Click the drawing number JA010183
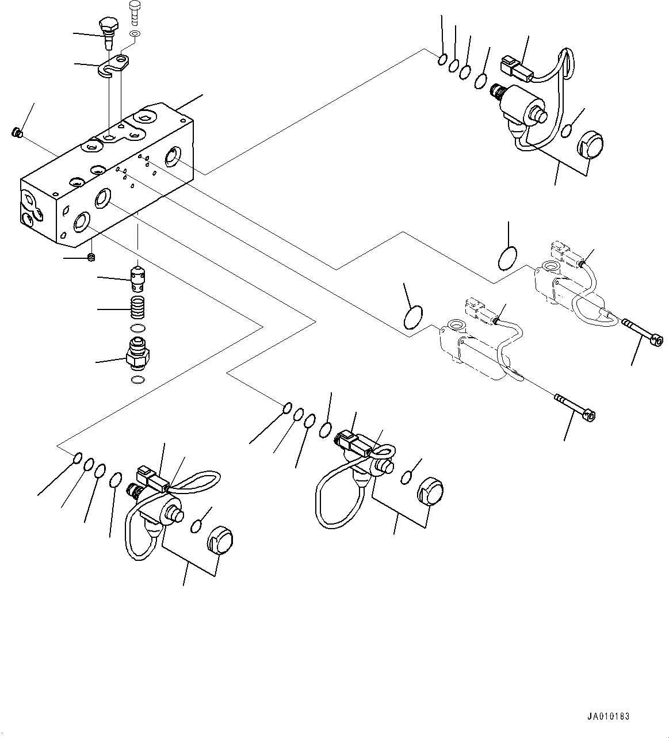click(x=609, y=717)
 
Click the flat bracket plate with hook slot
click(x=117, y=66)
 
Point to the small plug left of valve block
click(x=16, y=133)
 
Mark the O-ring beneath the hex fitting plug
click(x=137, y=380)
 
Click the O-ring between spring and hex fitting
click(x=137, y=328)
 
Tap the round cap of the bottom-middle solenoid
click(x=430, y=491)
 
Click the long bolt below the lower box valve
click(x=574, y=407)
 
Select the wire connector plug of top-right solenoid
click(x=515, y=66)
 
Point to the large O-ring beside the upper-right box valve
click(x=507, y=257)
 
